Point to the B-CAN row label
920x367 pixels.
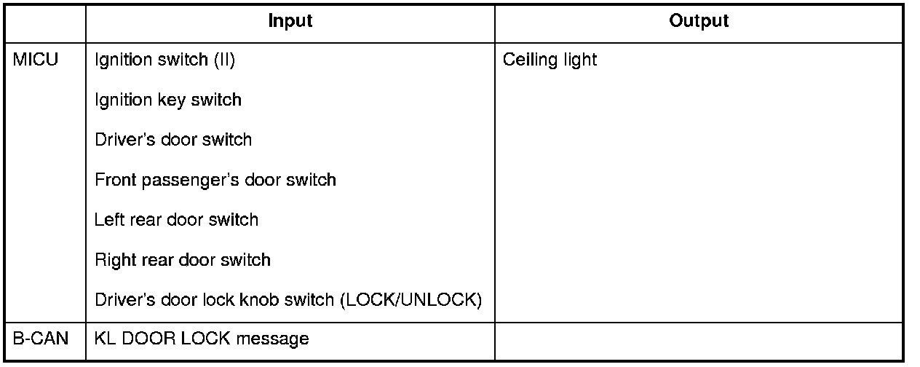pyautogui.click(x=41, y=339)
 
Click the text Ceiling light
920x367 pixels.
pyautogui.click(x=550, y=60)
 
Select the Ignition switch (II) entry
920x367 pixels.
pyautogui.click(x=164, y=60)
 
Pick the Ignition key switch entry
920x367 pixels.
pyautogui.click(x=167, y=100)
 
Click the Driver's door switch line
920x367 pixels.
pyautogui.click(x=173, y=140)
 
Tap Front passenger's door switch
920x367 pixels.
pyautogui.click(x=215, y=180)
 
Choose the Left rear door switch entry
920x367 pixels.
pyautogui.click(x=176, y=219)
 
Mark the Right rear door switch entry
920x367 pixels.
pyautogui.click(x=182, y=259)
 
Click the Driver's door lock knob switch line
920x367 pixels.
pyautogui.click(x=288, y=299)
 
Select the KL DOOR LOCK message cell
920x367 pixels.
pyautogui.click(x=202, y=339)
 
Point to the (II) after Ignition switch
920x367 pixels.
pyautogui.click(x=223, y=60)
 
